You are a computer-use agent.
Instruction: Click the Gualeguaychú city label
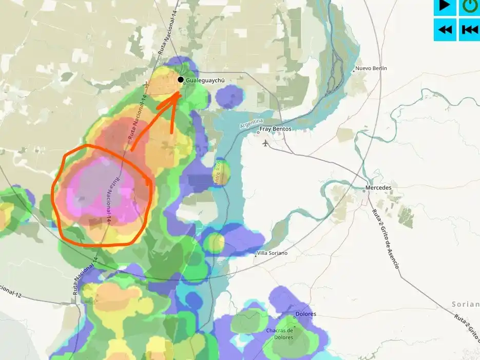point(205,81)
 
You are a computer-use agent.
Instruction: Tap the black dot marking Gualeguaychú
point(181,80)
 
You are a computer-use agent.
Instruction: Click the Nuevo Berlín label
point(371,68)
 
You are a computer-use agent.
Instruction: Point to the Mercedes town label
point(379,187)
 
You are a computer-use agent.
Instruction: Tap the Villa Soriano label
point(272,253)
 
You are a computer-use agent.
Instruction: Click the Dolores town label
point(305,314)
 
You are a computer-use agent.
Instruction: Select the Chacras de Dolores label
point(279,334)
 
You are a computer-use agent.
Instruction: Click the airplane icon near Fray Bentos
point(265,143)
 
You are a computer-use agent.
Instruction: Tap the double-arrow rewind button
point(445,29)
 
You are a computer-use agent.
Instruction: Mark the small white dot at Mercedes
point(364,191)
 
